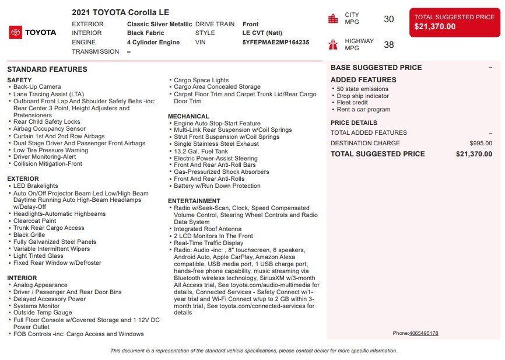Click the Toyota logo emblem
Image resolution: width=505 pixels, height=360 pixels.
point(16,33)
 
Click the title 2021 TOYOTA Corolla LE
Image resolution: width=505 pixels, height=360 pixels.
point(120,12)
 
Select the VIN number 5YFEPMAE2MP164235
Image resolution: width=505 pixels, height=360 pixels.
point(276,43)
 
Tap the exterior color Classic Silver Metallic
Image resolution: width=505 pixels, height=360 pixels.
point(159,24)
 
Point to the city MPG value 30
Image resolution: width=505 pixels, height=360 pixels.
point(389,19)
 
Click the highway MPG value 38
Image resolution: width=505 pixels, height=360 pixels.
point(389,44)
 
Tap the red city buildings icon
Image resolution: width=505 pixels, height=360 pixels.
point(333,19)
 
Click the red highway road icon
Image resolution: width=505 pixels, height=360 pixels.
point(333,44)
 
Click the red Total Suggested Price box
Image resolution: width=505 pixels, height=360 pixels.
point(454,22)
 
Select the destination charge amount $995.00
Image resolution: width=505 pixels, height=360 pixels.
point(481,143)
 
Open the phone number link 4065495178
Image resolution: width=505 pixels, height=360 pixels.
point(423,333)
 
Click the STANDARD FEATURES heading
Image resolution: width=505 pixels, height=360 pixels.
point(47,69)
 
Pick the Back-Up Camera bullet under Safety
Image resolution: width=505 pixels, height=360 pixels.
point(37,87)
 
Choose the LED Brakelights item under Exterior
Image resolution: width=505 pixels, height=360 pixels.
point(36,186)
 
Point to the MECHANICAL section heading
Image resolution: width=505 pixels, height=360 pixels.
point(188,117)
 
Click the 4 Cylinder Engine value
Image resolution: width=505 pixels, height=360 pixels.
point(153,43)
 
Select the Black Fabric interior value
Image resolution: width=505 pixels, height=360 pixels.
point(146,33)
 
